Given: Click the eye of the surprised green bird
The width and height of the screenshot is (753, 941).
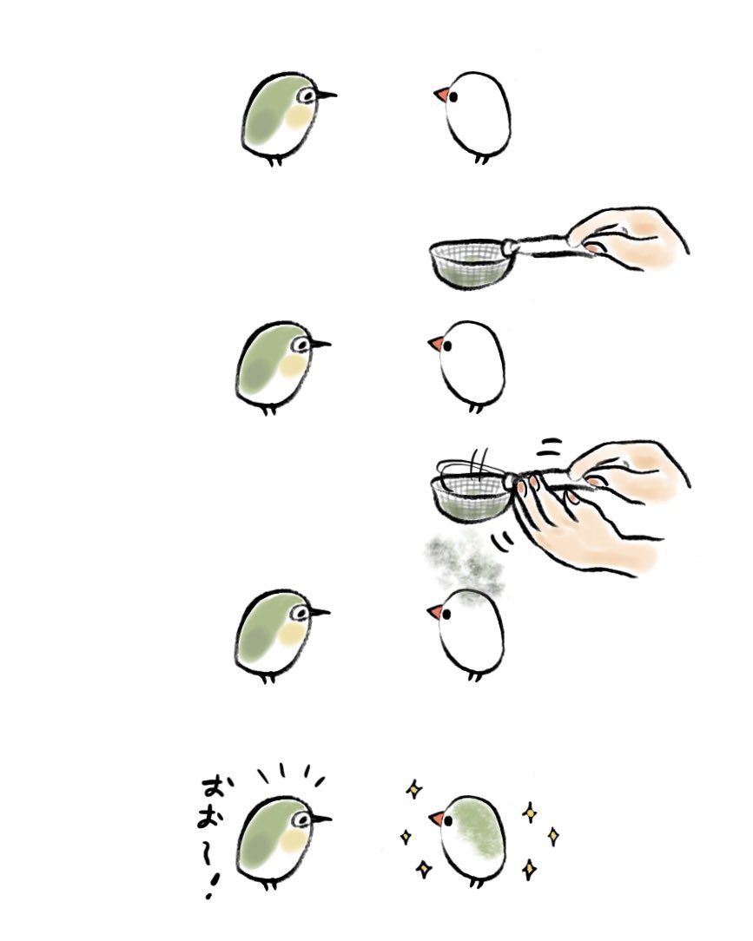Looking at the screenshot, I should click(303, 819).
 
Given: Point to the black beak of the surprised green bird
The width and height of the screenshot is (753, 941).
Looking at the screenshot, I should click(320, 818).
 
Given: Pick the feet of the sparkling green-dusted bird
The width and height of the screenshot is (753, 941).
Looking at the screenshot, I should click(475, 883).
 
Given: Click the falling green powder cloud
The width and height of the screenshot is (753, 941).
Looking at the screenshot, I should click(459, 563).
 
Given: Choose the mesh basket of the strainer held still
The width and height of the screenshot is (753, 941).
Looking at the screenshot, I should click(470, 262).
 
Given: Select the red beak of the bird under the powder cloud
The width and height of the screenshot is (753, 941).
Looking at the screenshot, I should click(435, 612).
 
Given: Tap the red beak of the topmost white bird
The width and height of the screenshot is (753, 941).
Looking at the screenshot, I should click(441, 95).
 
